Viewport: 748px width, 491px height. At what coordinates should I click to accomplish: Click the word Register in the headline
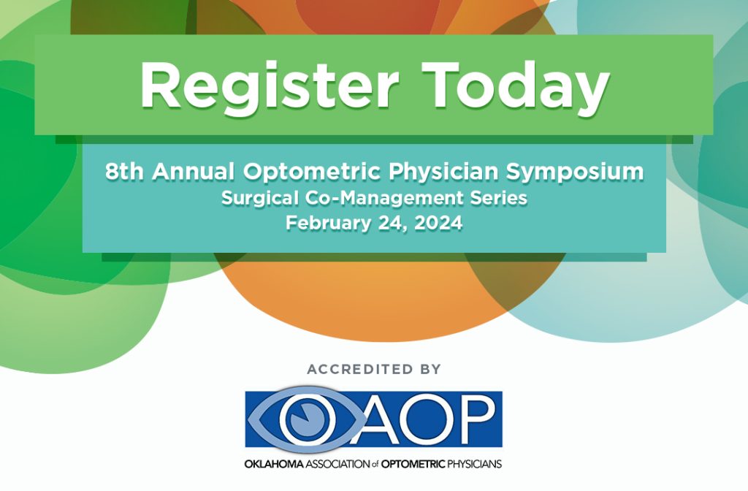point(269,86)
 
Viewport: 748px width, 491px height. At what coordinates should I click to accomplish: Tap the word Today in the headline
point(516,86)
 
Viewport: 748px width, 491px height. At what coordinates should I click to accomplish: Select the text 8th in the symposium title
point(124,171)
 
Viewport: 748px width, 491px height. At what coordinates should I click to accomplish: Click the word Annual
point(193,171)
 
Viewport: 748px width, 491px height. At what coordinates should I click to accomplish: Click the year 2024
point(438,223)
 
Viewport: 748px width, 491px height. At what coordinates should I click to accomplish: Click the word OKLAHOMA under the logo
point(274,464)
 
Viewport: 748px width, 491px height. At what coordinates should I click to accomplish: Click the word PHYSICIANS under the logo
point(474,464)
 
